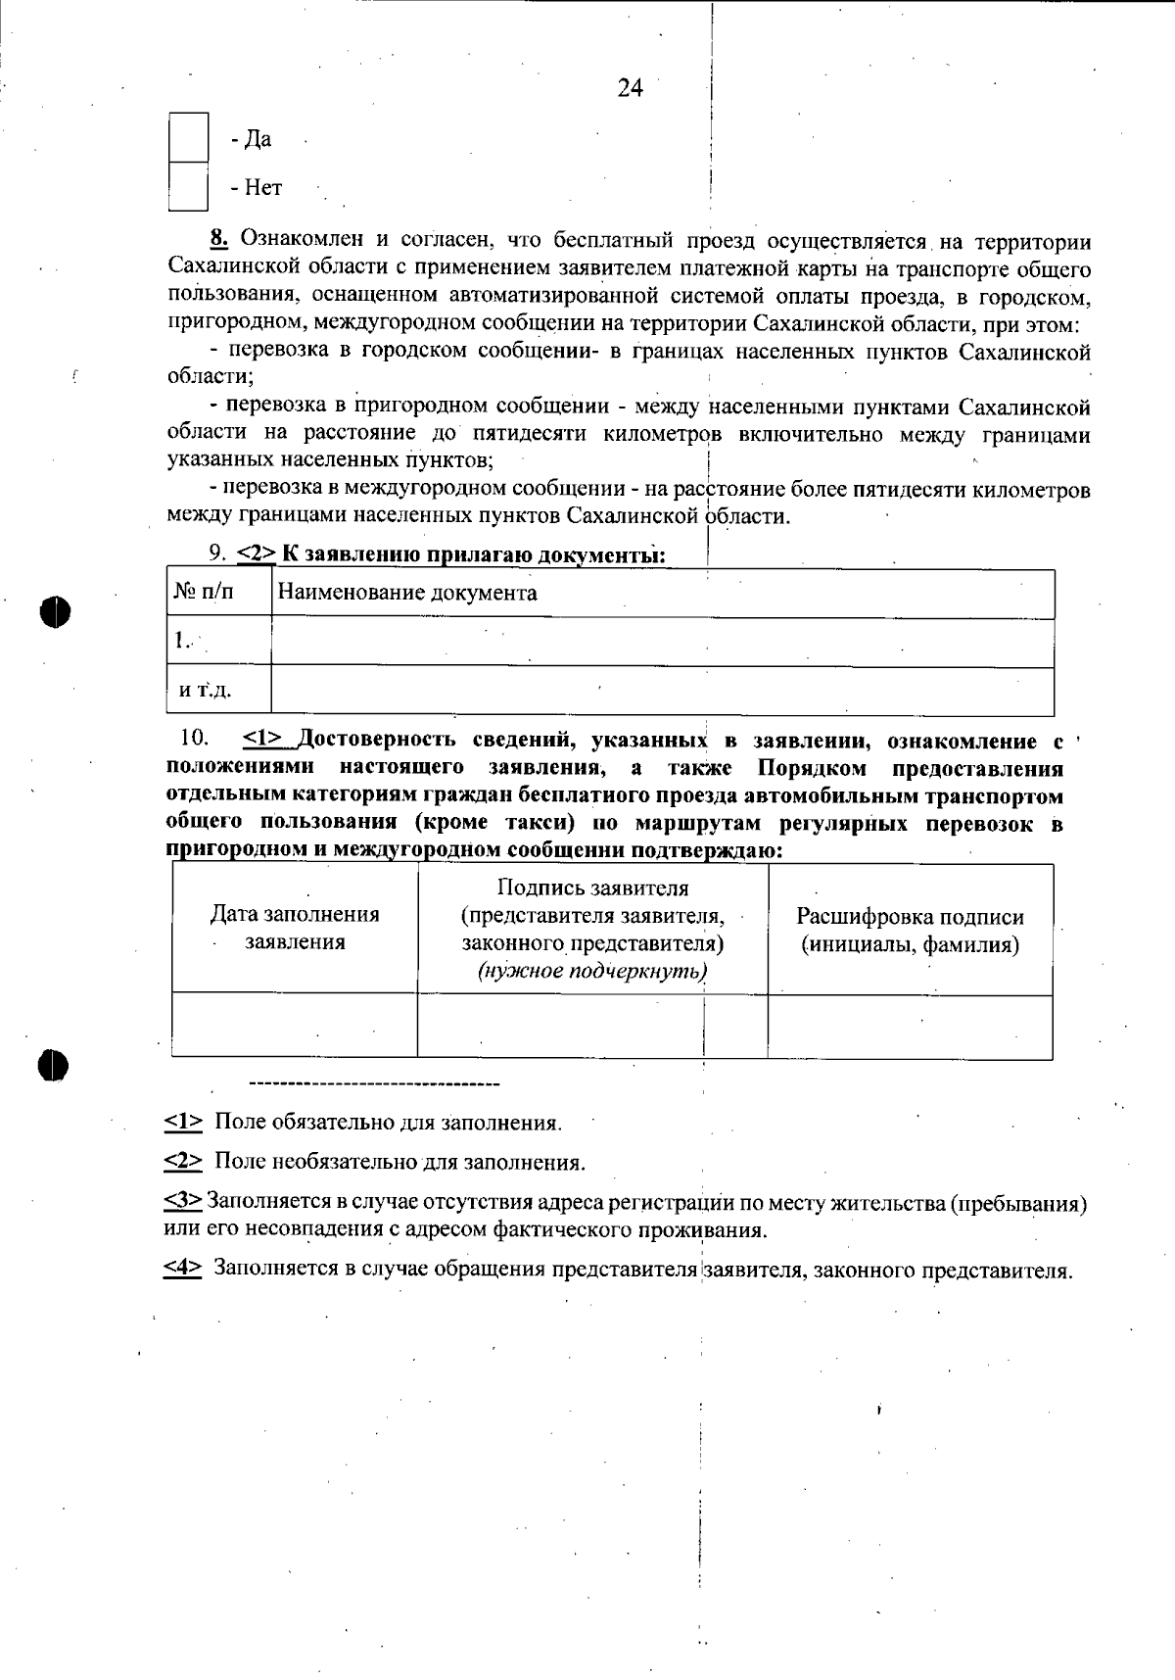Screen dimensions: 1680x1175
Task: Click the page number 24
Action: click(630, 88)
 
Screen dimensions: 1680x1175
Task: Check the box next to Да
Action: click(188, 138)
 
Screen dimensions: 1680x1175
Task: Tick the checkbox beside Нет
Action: click(188, 187)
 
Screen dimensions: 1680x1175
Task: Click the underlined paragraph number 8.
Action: click(218, 239)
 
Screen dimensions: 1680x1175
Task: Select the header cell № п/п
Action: click(205, 593)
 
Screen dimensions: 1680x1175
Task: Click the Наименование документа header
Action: click(407, 593)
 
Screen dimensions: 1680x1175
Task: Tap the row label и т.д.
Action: click(205, 691)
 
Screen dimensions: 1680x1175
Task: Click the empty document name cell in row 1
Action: click(662, 642)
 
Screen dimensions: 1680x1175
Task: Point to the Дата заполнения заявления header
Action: click(295, 928)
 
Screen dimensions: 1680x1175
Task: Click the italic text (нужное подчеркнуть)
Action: click(592, 972)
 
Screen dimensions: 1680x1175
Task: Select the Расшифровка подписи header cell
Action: click(910, 931)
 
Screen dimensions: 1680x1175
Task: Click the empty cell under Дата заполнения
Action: click(295, 1026)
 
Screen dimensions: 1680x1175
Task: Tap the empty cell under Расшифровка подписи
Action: click(910, 1027)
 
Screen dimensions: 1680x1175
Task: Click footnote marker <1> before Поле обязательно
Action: click(183, 1122)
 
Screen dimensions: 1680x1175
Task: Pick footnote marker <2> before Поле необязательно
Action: click(183, 1162)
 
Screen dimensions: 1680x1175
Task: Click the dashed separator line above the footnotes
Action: click(375, 1084)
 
